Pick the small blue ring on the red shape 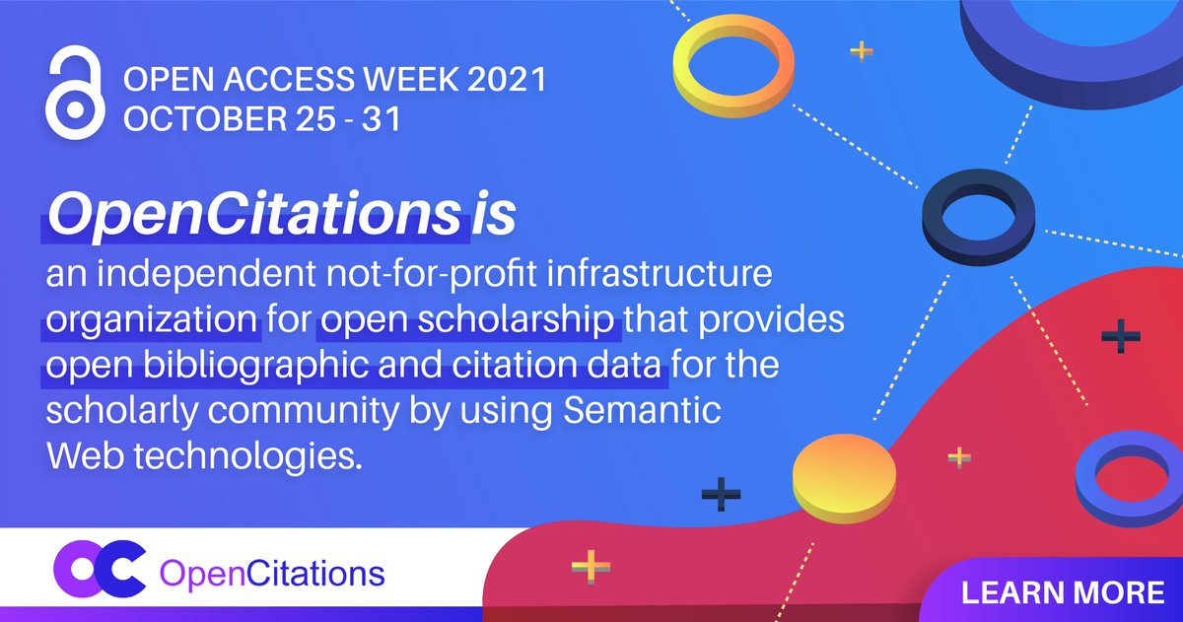coord(1121,477)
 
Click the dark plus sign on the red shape coord(1121,337)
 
